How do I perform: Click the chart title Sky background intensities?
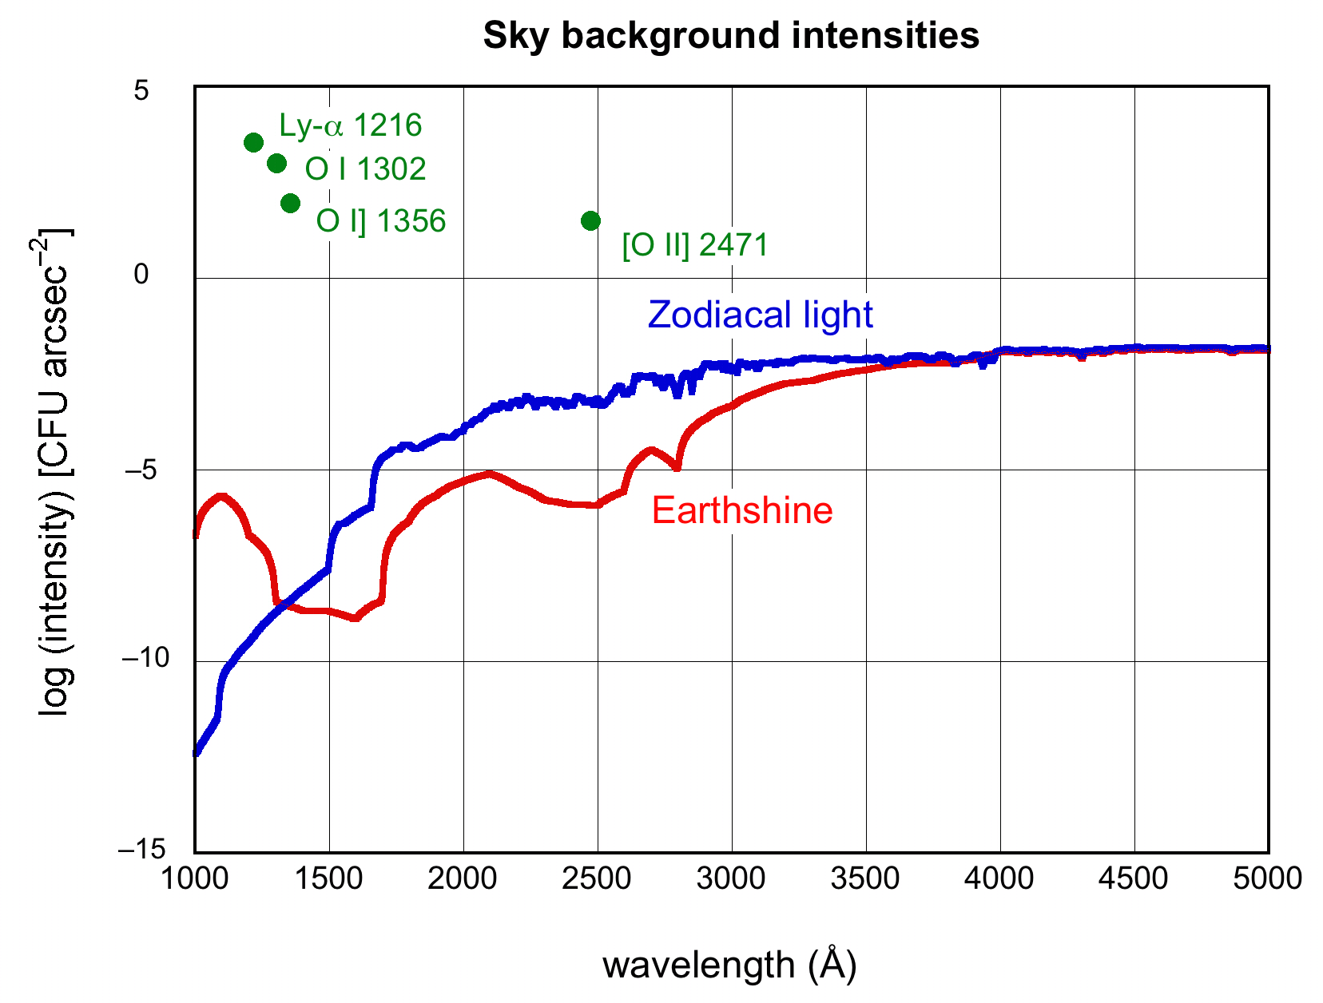731,36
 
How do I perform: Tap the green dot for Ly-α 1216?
253,143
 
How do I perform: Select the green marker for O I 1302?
276,164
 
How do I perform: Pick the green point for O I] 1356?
290,203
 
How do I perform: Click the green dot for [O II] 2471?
590,221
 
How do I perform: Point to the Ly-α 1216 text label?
350,125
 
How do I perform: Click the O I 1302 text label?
365,169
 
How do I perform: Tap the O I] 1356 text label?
380,221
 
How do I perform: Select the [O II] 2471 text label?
695,245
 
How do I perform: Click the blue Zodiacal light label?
760,315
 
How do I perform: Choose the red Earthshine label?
742,510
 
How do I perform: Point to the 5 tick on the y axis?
141,91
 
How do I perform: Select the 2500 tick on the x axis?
597,879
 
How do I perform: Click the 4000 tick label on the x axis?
999,879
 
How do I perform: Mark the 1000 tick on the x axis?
194,879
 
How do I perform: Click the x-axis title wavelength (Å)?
729,965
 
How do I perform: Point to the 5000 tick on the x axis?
1268,879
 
